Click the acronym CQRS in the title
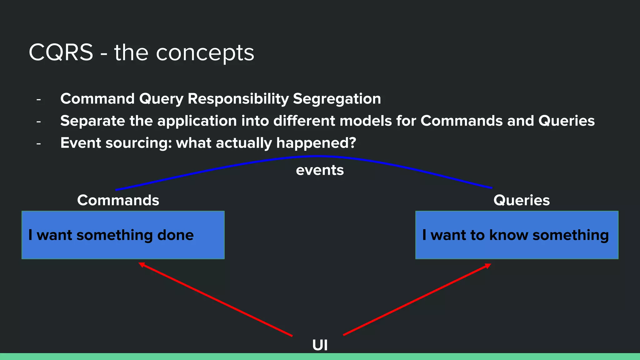61,52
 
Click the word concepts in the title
205,53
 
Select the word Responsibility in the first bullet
238,99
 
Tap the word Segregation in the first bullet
337,99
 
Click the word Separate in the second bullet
92,121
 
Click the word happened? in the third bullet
316,143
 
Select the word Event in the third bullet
81,143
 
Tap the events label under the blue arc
320,170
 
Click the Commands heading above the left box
118,200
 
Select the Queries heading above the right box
521,200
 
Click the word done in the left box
175,235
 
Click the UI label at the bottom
320,345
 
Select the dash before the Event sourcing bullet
39,144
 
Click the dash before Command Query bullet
39,100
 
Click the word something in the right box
571,235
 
